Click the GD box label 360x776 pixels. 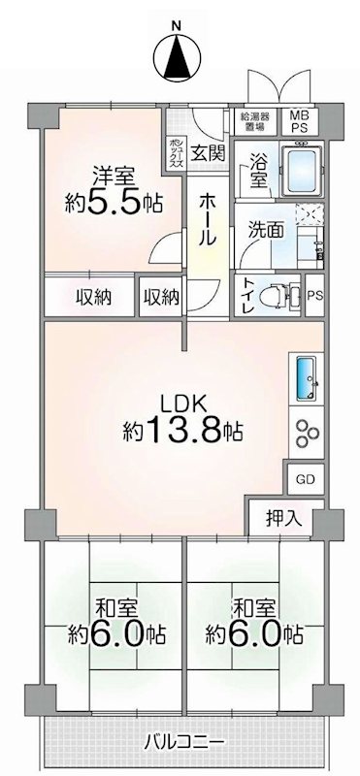305,480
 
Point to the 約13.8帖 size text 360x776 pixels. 182,429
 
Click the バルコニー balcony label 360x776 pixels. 179,743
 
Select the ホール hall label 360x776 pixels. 208,218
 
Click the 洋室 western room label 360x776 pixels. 113,177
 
